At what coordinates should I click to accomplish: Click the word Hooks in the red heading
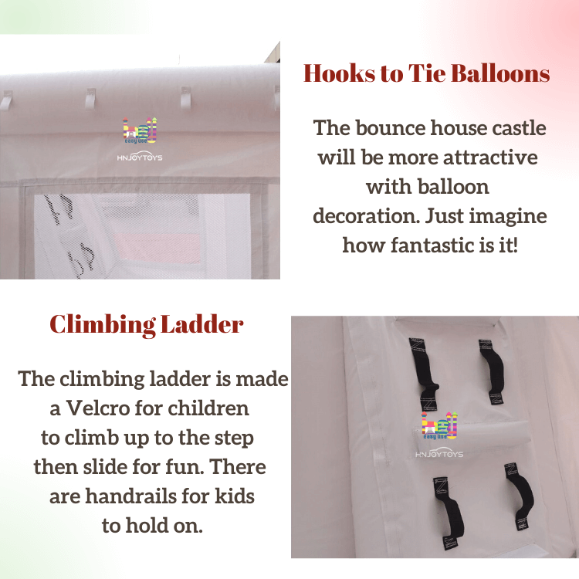pyautogui.click(x=340, y=73)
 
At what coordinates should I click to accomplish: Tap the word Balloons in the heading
pyautogui.click(x=500, y=73)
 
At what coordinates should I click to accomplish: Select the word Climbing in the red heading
pyautogui.click(x=103, y=325)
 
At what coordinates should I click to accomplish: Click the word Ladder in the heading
pyautogui.click(x=202, y=324)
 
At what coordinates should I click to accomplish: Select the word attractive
pyautogui.click(x=490, y=157)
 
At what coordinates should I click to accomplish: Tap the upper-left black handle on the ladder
pyautogui.click(x=424, y=374)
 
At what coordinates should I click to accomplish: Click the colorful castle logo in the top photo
pyautogui.click(x=140, y=130)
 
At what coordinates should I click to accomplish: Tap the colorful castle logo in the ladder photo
pyautogui.click(x=439, y=425)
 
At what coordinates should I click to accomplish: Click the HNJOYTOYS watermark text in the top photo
pyautogui.click(x=140, y=157)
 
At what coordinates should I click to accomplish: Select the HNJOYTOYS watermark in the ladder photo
pyautogui.click(x=439, y=454)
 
